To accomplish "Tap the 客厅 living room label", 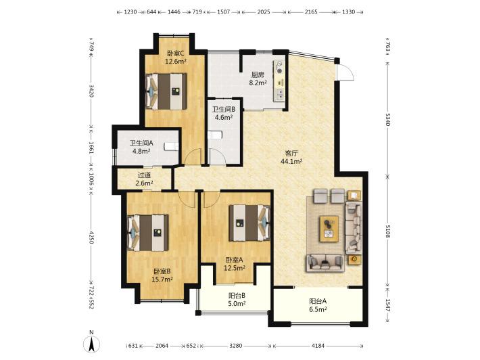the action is point(291,153).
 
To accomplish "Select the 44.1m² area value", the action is point(291,161).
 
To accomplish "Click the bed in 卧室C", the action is point(166,91).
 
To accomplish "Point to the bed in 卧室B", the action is point(148,233).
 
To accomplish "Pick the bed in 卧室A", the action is point(249,223).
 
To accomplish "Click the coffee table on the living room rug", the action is point(329,229).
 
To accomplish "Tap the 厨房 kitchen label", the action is point(258,74).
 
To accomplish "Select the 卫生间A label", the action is point(141,143).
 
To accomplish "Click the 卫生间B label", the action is point(224,110).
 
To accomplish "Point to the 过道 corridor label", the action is point(144,175).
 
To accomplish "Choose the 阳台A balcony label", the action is point(318,301).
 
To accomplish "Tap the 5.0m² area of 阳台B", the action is point(237,304).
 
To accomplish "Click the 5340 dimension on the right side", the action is point(387,119).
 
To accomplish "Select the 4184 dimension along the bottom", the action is point(318,346).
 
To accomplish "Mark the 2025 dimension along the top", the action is point(264,12).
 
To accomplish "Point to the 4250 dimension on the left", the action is point(91,238).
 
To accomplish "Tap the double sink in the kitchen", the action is point(280,94).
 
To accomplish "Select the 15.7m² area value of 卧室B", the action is point(162,279).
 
